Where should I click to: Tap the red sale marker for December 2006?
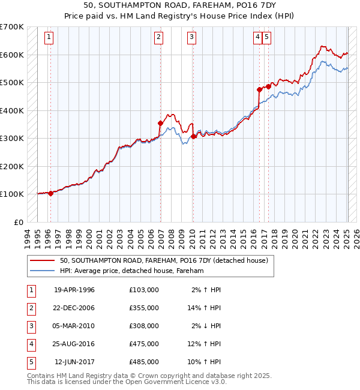tap(161, 124)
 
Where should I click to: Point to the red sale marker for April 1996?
tap(51, 193)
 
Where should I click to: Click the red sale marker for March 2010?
tap(193, 137)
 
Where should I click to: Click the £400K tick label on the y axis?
tap(11, 110)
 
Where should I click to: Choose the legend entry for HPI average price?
tap(131, 271)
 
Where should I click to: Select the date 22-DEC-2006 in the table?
tap(74, 308)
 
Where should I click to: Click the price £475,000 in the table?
tap(143, 344)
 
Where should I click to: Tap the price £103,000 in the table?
tap(143, 290)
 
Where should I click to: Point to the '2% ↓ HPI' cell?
tap(206, 326)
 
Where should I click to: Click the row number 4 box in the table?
tap(30, 344)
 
